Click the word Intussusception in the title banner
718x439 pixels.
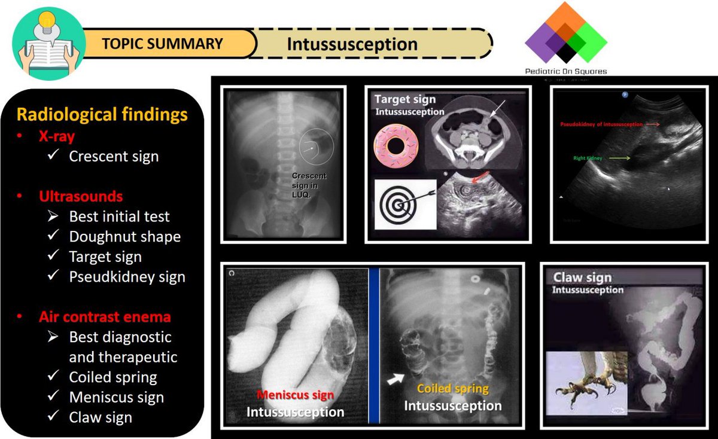tap(352, 44)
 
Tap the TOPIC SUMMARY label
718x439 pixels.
tap(163, 44)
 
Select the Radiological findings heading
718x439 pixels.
tap(102, 114)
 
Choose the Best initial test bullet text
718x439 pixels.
tap(119, 217)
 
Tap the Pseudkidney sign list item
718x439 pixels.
tap(127, 277)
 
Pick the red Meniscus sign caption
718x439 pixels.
tap(296, 395)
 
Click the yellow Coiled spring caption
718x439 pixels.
tap(452, 389)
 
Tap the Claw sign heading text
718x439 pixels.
tap(582, 278)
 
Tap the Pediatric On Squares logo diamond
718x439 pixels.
tap(565, 33)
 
